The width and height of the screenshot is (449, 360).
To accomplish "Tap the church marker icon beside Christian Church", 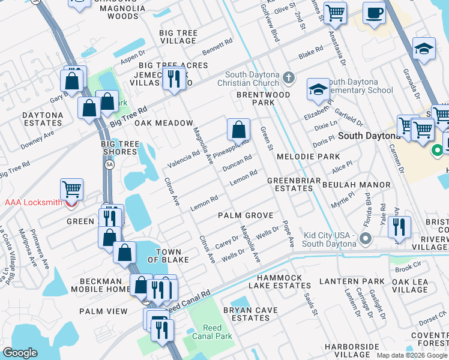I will click(289, 77).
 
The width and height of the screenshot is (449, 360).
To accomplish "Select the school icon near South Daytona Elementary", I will click(318, 90).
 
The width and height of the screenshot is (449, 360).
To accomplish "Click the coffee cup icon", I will click(375, 13).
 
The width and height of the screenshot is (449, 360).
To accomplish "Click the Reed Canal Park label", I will click(212, 332).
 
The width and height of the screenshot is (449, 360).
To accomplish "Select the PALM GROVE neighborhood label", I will click(246, 215).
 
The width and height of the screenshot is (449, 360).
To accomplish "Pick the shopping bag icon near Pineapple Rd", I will click(238, 128).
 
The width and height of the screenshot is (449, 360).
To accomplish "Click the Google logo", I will click(20, 353).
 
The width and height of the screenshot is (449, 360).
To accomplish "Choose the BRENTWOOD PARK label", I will click(263, 98).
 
